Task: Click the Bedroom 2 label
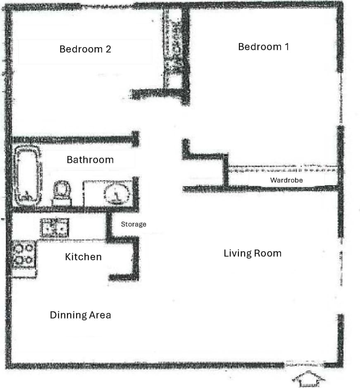click(85, 49)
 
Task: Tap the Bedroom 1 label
click(263, 47)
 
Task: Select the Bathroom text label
click(90, 159)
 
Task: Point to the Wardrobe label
click(286, 180)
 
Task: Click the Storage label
click(134, 224)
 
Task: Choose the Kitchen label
click(83, 257)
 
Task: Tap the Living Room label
click(252, 253)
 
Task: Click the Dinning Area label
click(81, 315)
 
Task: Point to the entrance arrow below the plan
click(308, 378)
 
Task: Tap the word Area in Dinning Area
click(100, 315)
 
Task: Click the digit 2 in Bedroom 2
click(108, 49)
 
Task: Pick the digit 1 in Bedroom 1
click(286, 47)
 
